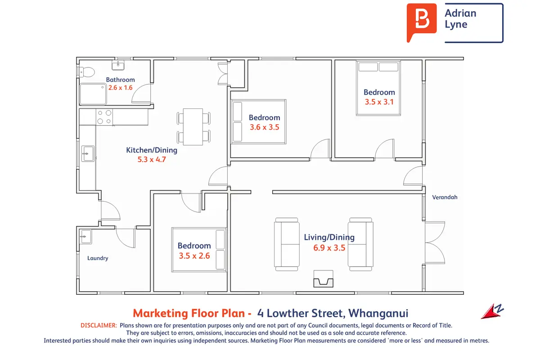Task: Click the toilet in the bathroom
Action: pos(86,72)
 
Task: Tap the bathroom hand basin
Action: pos(118,65)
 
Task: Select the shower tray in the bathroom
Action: pos(93,94)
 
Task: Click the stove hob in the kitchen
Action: pos(104,117)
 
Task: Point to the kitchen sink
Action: pos(88,153)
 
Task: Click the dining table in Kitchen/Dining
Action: pos(193,127)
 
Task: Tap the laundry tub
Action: pos(85,237)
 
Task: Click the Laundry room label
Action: pos(98,258)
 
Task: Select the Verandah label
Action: pos(445,197)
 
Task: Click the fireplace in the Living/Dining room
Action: pos(323,279)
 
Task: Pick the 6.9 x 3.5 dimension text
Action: pos(329,248)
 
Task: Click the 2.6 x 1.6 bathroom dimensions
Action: pos(120,88)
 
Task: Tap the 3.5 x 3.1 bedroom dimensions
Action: pos(379,102)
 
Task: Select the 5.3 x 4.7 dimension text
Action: pos(152,160)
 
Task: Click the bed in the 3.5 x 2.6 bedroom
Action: pos(199,250)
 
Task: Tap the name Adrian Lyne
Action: pos(460,19)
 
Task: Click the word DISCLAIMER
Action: pos(99,325)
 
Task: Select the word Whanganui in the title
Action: pos(378,314)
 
